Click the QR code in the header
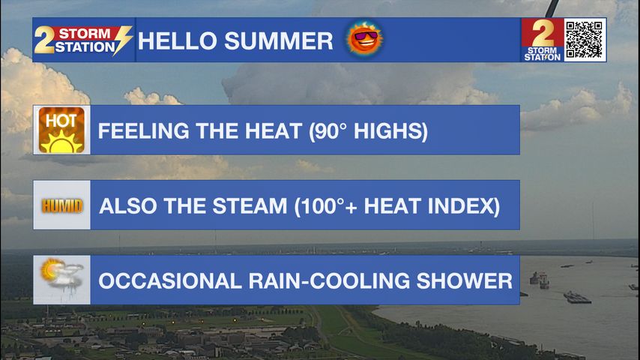(584, 40)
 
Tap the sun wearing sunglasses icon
(364, 39)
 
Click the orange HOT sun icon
(61, 130)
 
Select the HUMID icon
(61, 206)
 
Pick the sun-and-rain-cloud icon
(61, 274)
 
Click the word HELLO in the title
(178, 41)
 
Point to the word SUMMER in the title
(279, 41)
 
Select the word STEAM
(250, 206)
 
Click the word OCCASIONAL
(170, 281)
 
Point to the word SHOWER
(465, 281)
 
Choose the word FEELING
(143, 131)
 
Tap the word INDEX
(464, 206)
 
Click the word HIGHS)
(390, 131)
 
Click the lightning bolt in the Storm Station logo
(123, 40)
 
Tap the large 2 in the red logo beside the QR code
(543, 33)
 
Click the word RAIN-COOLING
(329, 281)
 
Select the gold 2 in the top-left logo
(43, 40)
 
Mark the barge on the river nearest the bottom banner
(577, 298)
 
